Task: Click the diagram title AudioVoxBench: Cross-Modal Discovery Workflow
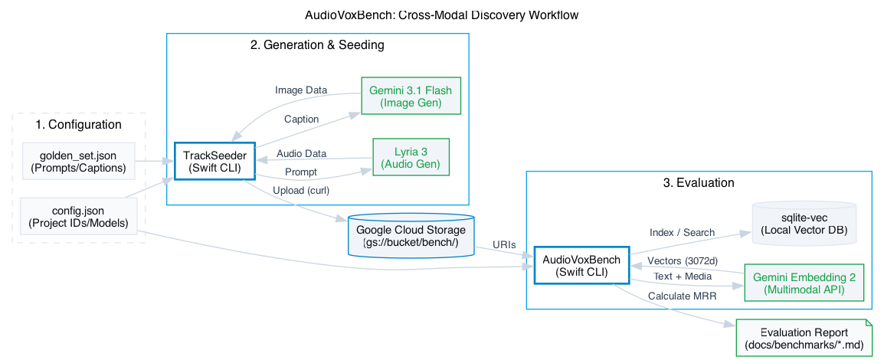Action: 441,15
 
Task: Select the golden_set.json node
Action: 79,162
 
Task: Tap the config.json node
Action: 78,217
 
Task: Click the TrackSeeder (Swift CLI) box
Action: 214,162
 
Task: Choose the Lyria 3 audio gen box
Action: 411,157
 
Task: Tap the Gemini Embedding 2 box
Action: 804,283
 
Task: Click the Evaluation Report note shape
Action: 804,339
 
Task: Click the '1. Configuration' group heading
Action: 78,125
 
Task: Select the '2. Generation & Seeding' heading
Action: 317,45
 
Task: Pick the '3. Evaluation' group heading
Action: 699,183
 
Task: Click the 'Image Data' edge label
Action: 301,90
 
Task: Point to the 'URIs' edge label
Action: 503,244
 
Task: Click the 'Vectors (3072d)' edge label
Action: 682,260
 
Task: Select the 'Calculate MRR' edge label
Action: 682,296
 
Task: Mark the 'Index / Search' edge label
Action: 682,232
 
